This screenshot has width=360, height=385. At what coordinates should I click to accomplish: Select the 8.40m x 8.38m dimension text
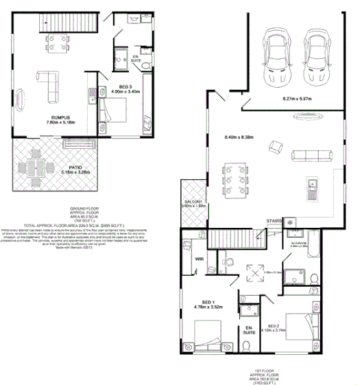pos(239,138)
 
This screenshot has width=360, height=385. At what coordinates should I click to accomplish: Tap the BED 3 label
pos(125,86)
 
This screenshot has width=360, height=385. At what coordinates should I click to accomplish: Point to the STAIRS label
pos(275,221)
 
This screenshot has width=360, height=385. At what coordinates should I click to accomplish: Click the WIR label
pos(200,259)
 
